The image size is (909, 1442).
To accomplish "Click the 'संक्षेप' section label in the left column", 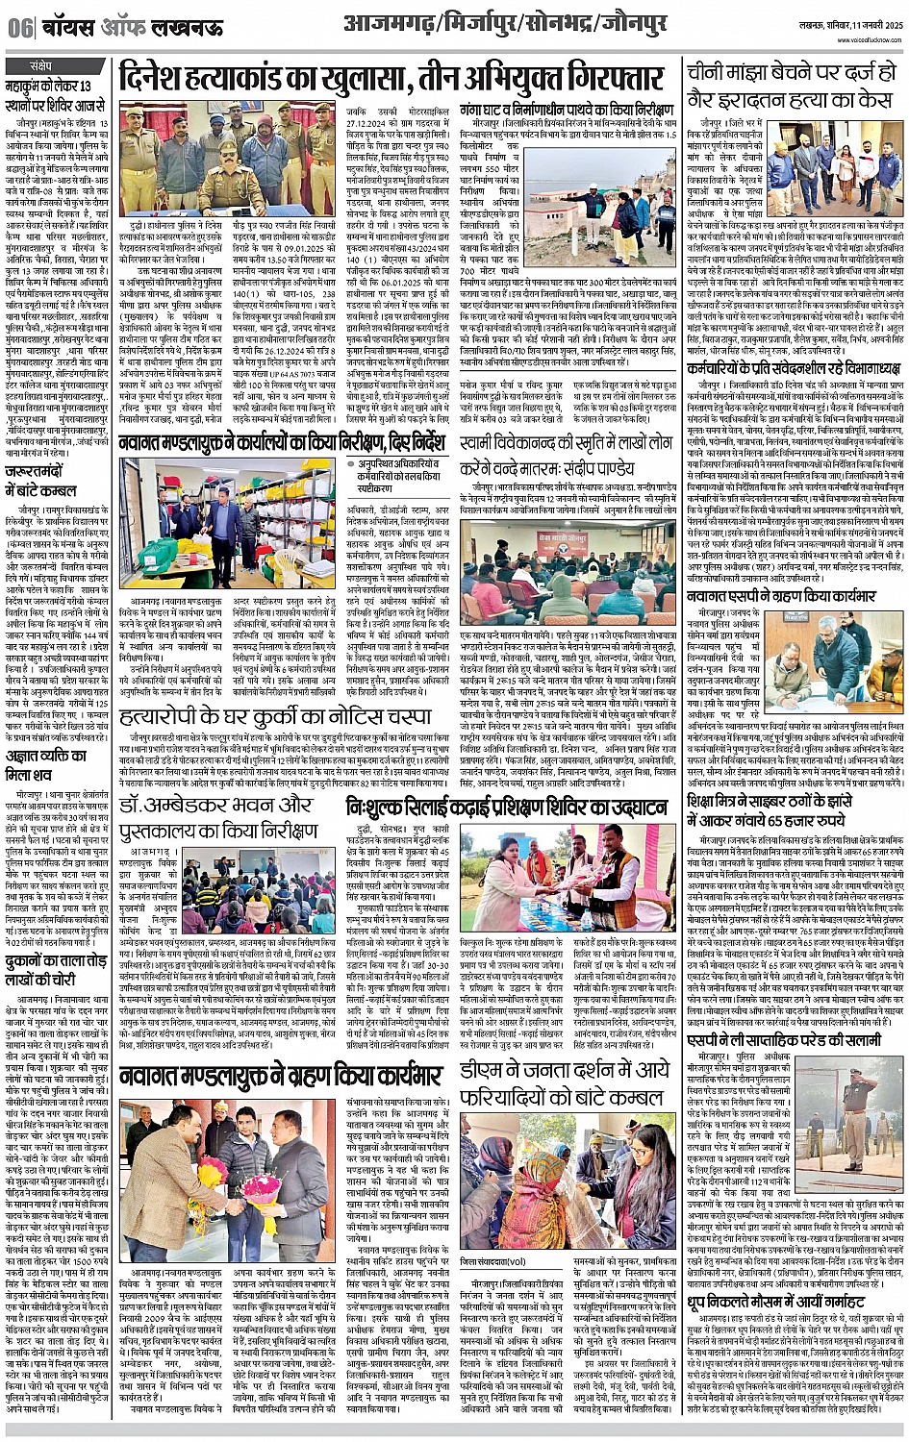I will pos(40,66).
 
